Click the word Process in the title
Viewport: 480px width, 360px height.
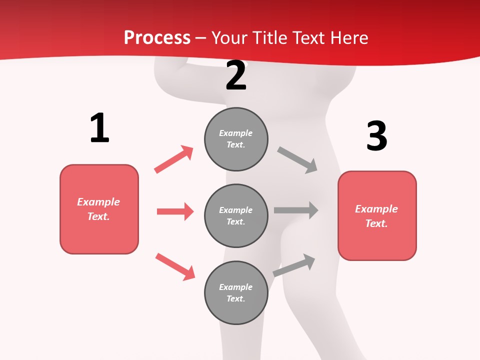tap(157, 38)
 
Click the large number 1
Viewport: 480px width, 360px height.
tap(99, 128)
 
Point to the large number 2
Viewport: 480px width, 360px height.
tap(236, 75)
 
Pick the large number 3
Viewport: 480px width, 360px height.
tap(376, 136)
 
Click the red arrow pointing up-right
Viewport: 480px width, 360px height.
tap(174, 159)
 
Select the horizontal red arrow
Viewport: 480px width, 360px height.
tap(175, 211)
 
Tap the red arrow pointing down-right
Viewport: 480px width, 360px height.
tap(175, 266)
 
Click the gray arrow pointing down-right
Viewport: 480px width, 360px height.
tap(297, 159)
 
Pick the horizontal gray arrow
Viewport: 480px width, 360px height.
tap(296, 210)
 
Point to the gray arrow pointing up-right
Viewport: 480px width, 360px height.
tap(294, 265)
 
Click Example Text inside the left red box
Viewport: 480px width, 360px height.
tap(98, 209)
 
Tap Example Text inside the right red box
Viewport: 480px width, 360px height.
tap(376, 216)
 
